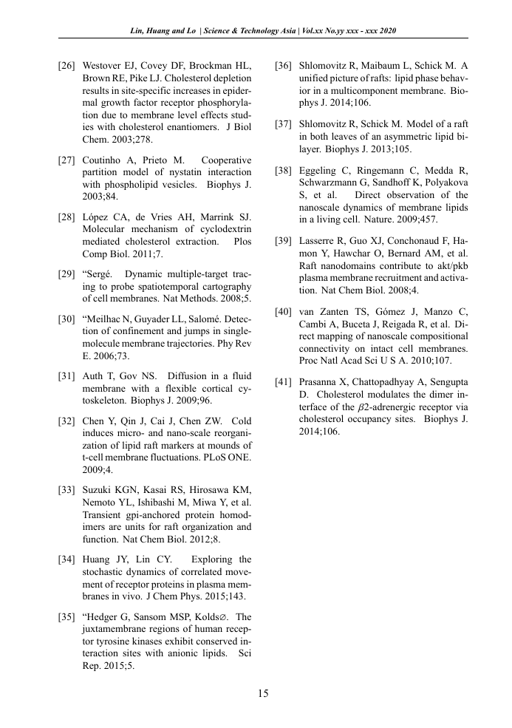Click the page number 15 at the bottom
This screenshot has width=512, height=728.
click(x=262, y=693)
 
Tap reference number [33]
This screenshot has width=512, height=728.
click(x=66, y=490)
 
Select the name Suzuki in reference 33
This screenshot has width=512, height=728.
click(x=98, y=490)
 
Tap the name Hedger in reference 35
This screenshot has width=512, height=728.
click(x=106, y=617)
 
